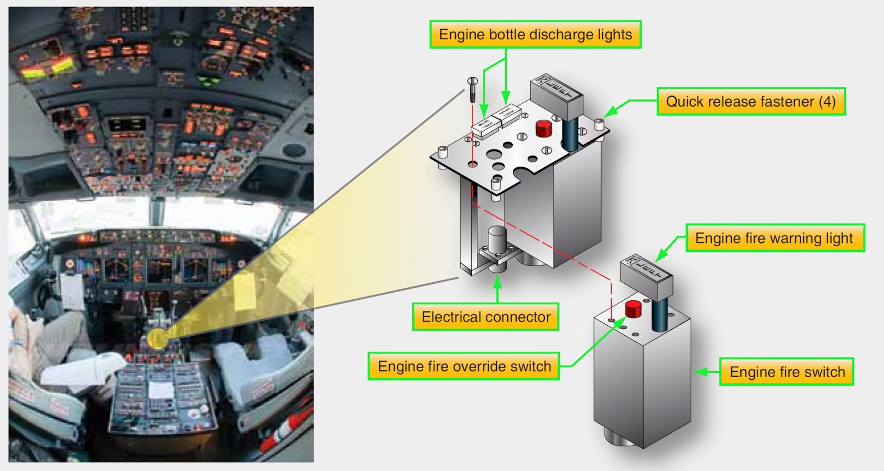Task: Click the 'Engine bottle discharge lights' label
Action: (535, 35)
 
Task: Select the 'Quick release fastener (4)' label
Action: (750, 102)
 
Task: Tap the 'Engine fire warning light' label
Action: (774, 239)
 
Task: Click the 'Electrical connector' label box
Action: (486, 317)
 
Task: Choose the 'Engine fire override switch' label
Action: (464, 367)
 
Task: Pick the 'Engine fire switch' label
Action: (787, 372)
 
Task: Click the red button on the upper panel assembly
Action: (544, 129)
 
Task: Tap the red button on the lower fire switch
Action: (633, 309)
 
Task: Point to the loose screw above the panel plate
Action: (472, 89)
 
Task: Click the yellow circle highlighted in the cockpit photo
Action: (157, 338)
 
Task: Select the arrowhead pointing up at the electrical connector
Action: (497, 281)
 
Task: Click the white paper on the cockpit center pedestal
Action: (161, 390)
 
